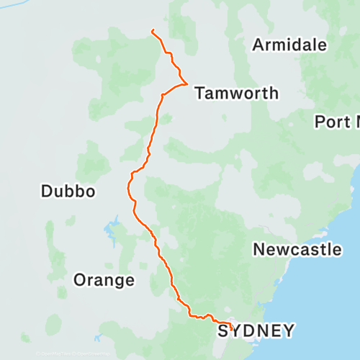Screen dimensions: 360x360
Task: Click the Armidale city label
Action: point(289,45)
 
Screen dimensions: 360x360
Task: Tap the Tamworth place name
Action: point(236,93)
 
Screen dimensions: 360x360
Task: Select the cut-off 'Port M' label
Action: point(337,122)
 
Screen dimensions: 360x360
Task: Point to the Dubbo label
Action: point(68,191)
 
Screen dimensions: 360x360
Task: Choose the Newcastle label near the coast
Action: point(297,250)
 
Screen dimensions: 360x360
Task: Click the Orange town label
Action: point(104,280)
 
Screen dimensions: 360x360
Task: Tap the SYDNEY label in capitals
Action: point(256,331)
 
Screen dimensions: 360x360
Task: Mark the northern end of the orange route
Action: point(153,30)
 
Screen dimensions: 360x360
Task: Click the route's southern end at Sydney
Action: point(231,325)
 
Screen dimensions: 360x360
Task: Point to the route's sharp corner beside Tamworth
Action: point(187,84)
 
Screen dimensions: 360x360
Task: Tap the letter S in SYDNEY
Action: point(224,331)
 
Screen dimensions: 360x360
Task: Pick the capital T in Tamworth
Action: point(199,93)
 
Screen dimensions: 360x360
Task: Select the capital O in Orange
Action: point(80,280)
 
